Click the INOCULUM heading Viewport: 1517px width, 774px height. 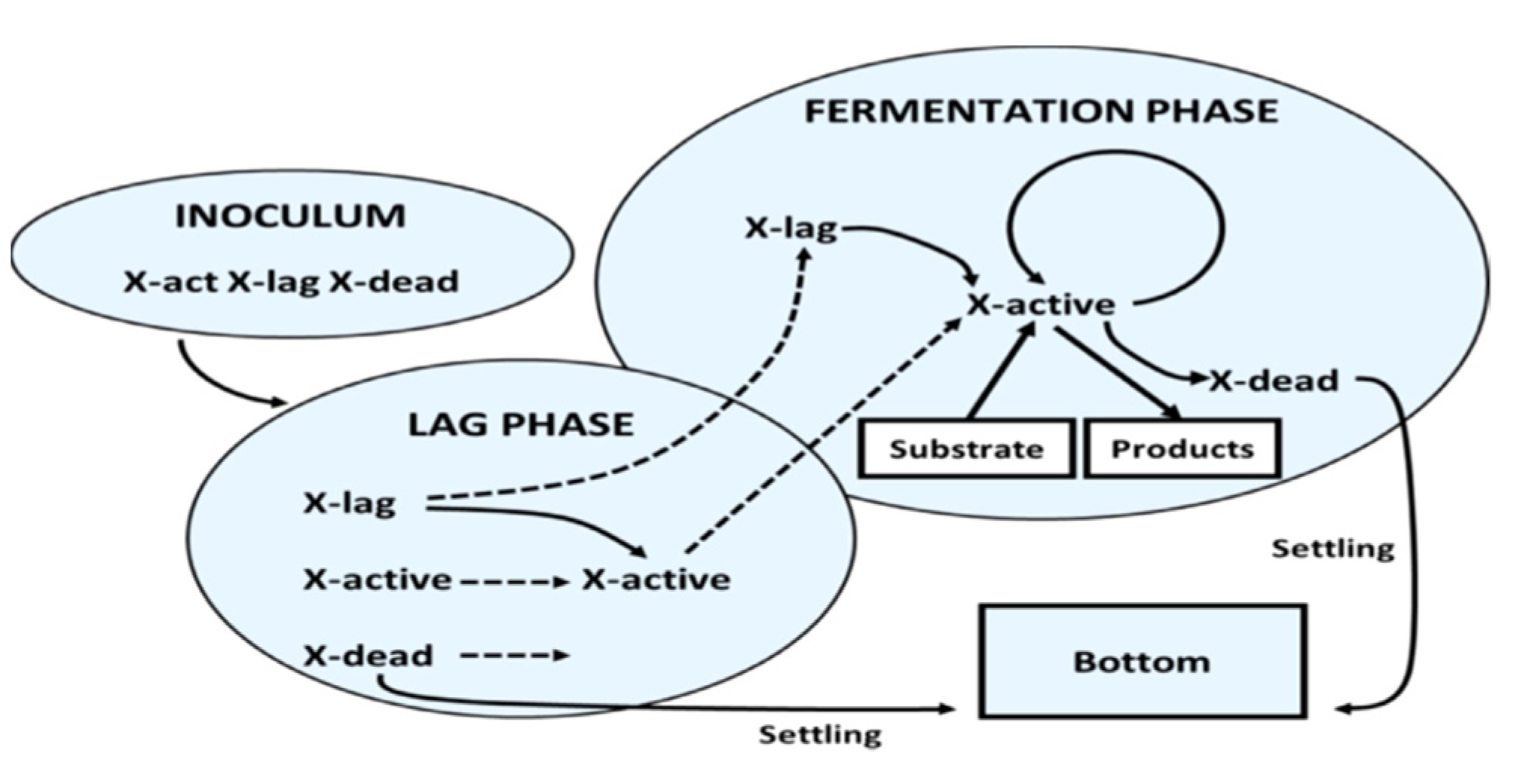290,216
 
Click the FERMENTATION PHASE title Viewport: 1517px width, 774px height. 1041,112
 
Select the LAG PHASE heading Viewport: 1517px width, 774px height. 521,425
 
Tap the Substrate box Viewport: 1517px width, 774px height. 966,449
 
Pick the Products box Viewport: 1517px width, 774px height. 1182,449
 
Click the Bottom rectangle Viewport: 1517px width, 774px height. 1142,662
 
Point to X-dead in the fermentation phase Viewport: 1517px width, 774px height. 1274,381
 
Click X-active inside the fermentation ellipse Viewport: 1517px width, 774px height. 1041,305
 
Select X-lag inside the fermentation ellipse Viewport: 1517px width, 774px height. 791,228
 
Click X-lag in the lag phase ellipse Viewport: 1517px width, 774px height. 349,503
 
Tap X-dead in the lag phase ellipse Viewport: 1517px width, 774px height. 368,656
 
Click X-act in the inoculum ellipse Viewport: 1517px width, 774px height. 170,282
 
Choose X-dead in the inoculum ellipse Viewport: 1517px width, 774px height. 394,282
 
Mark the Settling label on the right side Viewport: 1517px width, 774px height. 1332,549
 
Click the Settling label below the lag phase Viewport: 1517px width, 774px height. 819,734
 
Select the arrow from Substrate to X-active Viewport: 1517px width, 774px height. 1001,373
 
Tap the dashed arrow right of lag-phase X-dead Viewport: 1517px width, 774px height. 515,656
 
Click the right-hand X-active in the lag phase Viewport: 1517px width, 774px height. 656,580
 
